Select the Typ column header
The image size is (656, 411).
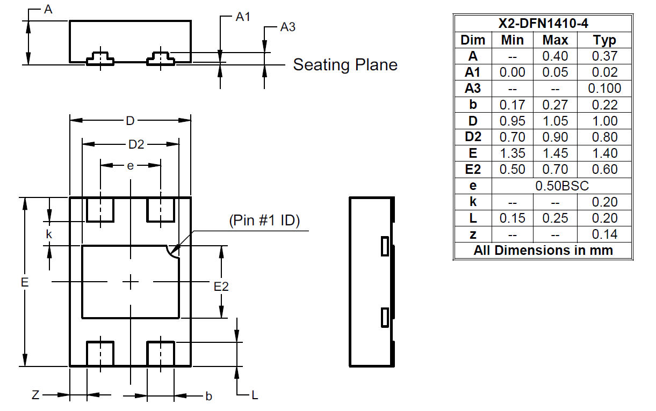click(x=604, y=40)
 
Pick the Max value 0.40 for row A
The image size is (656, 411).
click(x=555, y=56)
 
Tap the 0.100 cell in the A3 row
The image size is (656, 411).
click(x=604, y=89)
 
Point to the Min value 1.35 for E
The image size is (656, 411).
click(x=513, y=153)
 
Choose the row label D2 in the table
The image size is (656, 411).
click(x=473, y=137)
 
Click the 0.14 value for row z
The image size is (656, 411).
click(x=604, y=234)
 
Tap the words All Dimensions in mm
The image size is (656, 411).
click(x=543, y=251)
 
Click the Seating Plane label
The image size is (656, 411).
click(x=345, y=65)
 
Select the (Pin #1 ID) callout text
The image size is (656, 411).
click(x=264, y=221)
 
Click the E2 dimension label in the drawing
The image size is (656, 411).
click(x=221, y=287)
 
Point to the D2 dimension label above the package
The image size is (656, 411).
click(x=136, y=144)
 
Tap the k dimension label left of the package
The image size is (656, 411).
click(x=49, y=234)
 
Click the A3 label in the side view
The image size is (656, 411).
click(x=287, y=27)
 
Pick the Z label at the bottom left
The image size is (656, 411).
click(x=35, y=395)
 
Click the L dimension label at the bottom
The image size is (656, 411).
click(x=255, y=395)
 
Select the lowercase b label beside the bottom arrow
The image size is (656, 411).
click(x=208, y=397)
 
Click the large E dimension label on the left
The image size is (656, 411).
click(x=24, y=282)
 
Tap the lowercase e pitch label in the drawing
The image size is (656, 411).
click(x=130, y=166)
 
